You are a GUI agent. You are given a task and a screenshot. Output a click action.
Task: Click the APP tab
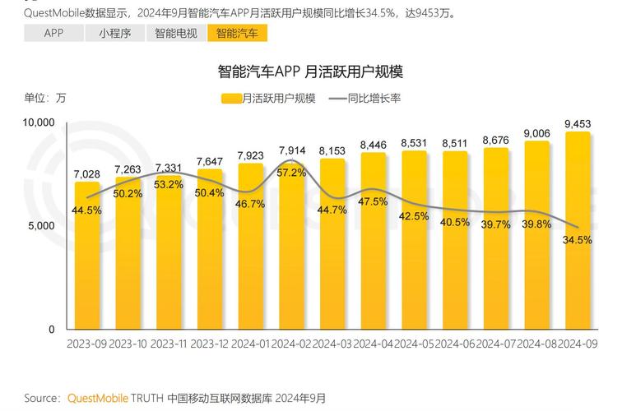point(53,33)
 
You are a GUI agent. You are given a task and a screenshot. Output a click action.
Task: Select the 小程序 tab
point(114,33)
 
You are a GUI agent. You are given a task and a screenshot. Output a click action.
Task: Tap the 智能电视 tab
point(175,33)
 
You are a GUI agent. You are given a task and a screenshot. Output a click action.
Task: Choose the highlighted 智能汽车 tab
point(237,33)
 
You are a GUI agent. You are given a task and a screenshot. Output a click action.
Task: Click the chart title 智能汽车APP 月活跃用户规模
point(310,72)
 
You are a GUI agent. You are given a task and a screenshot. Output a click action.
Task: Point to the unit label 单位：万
point(44,98)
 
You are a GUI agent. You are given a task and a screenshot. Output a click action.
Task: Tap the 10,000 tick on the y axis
point(38,122)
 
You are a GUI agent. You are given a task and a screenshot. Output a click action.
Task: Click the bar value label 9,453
point(578,124)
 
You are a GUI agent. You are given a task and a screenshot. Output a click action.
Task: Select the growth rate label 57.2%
point(291,173)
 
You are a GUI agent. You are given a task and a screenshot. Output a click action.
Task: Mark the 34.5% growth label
point(578,240)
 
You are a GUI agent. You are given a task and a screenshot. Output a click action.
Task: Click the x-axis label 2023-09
point(86,343)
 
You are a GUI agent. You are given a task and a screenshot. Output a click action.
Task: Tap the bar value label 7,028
point(87,174)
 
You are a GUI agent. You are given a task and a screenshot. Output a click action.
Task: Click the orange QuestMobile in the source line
point(97,399)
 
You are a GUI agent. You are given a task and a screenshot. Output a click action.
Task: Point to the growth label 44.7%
point(332,210)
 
